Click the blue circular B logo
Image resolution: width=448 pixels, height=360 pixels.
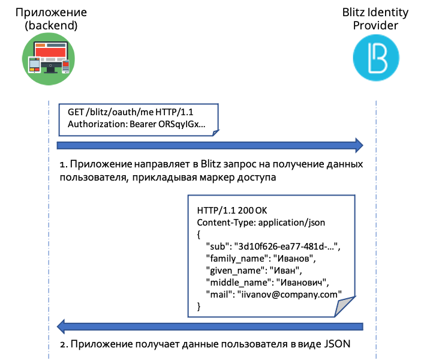(x=376, y=58)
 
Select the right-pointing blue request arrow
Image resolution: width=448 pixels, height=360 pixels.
(x=210, y=145)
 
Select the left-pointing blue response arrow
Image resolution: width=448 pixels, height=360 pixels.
(x=210, y=326)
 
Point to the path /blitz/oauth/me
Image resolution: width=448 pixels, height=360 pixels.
(x=121, y=113)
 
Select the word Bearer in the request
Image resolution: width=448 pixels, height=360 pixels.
(x=146, y=125)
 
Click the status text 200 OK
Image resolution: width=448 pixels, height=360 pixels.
(x=257, y=211)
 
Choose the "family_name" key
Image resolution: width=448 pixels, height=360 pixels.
(x=234, y=259)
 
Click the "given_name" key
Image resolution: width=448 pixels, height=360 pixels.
(x=232, y=271)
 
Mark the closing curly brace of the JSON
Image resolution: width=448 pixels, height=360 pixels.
(x=199, y=307)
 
